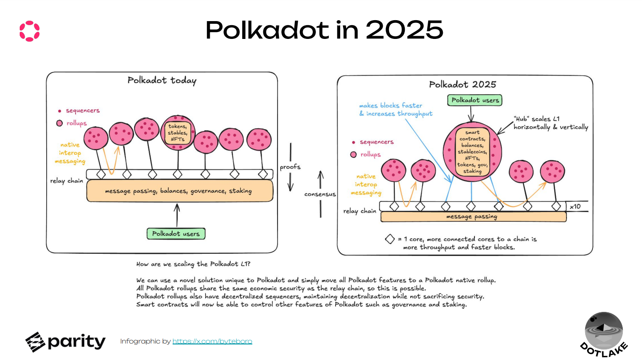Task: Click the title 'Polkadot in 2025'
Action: point(324,30)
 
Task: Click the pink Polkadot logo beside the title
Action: point(30,31)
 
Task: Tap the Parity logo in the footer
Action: point(65,342)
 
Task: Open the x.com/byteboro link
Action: point(212,341)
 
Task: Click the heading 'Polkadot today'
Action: point(162,81)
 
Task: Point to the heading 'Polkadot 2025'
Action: point(462,84)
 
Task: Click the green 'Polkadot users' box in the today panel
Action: point(176,234)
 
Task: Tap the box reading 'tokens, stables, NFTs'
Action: point(178,133)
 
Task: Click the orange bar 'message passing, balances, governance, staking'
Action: point(180,191)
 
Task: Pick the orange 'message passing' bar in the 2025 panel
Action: point(473,217)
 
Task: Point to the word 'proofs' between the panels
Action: point(290,167)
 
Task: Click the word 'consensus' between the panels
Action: point(320,194)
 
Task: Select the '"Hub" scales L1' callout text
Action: point(550,123)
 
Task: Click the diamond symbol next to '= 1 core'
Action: point(390,239)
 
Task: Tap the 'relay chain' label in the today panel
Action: point(67,181)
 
